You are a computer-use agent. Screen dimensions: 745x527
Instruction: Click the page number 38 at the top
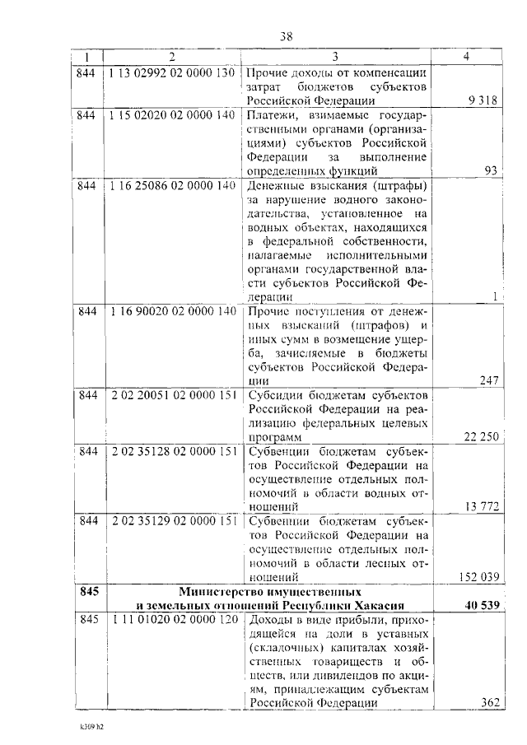(x=285, y=36)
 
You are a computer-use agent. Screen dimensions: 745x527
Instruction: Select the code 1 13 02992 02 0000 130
(x=171, y=72)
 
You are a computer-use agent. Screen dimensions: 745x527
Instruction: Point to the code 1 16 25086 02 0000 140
(x=171, y=184)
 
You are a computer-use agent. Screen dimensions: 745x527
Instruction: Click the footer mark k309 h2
(x=93, y=728)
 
